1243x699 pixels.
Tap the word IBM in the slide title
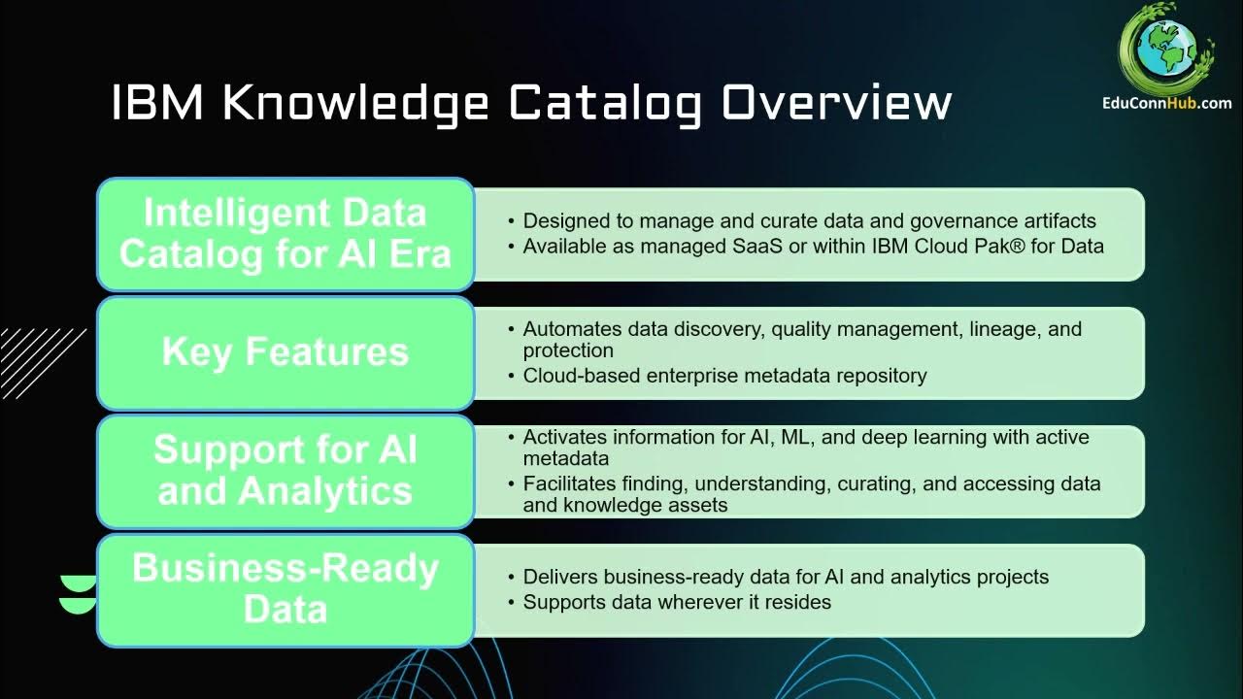pyautogui.click(x=157, y=103)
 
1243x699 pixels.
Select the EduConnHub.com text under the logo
pyautogui.click(x=1166, y=103)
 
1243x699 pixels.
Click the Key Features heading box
pyautogui.click(x=285, y=351)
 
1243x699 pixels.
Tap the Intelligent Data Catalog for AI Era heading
pyautogui.click(x=285, y=233)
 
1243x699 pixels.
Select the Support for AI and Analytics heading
pyautogui.click(x=285, y=471)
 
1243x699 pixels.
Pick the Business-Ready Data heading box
pyautogui.click(x=285, y=588)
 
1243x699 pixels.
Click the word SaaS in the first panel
pyautogui.click(x=756, y=247)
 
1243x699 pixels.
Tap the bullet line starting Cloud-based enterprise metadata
pyautogui.click(x=724, y=376)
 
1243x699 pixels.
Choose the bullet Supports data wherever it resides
pyautogui.click(x=677, y=602)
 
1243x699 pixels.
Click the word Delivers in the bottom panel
pyautogui.click(x=558, y=577)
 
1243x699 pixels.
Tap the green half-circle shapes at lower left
pyautogui.click(x=78, y=594)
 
